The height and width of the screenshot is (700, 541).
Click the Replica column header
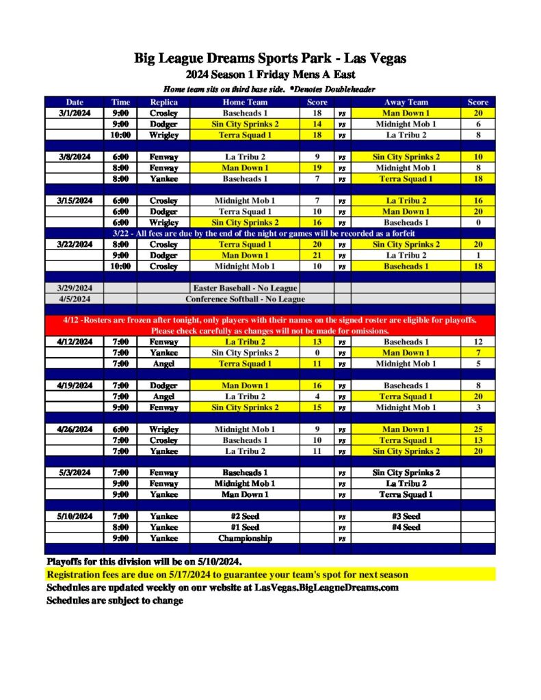164,102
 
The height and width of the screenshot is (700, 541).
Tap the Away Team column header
406,102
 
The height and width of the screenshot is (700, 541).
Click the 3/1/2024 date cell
74,113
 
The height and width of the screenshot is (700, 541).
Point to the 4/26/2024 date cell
74,429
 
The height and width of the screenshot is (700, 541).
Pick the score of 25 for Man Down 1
477,429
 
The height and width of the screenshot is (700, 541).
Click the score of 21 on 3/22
317,255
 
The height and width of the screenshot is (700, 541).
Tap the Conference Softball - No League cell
246,299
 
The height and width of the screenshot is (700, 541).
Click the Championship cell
246,538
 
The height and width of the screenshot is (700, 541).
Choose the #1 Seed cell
246,527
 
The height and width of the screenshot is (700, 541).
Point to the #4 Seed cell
406,527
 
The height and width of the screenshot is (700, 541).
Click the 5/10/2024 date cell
74,516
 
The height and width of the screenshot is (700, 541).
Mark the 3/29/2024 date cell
74,288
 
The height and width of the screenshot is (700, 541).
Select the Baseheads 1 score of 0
477,222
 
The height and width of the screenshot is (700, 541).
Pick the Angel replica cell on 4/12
164,364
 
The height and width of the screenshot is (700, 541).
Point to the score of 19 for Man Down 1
317,167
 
